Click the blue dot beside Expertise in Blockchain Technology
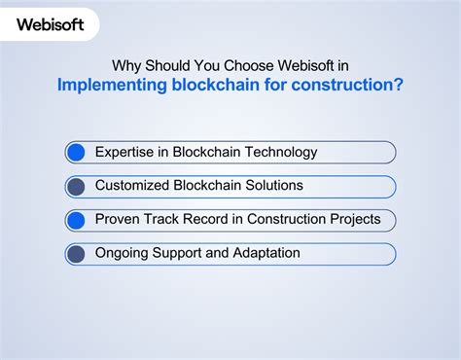[76, 152]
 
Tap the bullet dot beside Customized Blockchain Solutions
[76, 186]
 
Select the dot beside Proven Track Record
[76, 220]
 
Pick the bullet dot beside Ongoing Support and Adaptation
[76, 254]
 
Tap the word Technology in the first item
[282, 152]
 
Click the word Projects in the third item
[352, 220]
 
